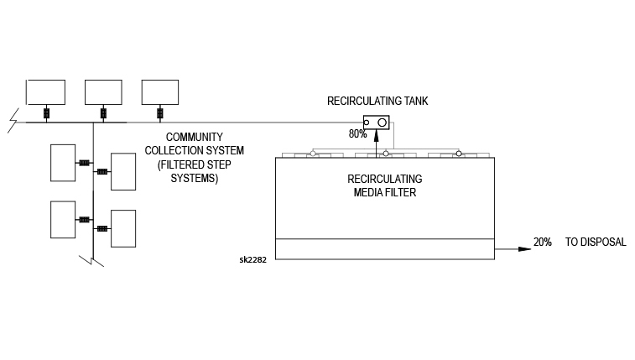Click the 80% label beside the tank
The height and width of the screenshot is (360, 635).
(x=358, y=133)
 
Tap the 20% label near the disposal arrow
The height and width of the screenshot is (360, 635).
(x=543, y=243)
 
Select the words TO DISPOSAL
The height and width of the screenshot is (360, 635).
(x=596, y=243)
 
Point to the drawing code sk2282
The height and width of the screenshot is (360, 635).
(x=253, y=259)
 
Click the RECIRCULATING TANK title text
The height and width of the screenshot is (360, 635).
(x=377, y=102)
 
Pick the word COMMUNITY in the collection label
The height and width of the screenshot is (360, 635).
(x=193, y=137)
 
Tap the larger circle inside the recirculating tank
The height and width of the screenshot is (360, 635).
(x=383, y=123)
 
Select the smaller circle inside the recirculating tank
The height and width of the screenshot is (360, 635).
(x=367, y=123)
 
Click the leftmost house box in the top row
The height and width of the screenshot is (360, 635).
(x=45, y=91)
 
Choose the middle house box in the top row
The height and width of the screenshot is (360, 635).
(x=103, y=91)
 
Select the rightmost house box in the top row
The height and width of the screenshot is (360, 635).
(x=160, y=91)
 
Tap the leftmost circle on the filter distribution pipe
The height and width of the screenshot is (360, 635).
(x=312, y=153)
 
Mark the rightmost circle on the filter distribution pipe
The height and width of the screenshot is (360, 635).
(x=459, y=153)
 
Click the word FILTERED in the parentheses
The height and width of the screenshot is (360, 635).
(x=180, y=165)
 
